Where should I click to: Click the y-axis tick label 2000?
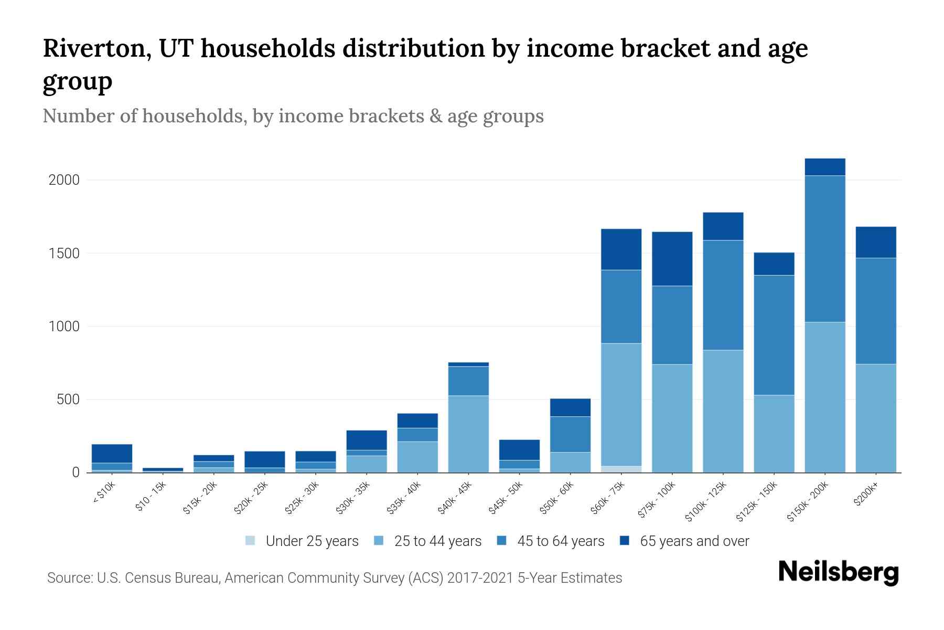(x=64, y=180)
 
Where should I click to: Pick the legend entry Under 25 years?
(x=312, y=541)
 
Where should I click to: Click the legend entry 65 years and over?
(x=694, y=541)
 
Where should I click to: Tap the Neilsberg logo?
(x=838, y=573)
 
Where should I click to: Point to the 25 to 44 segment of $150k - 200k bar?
(x=825, y=397)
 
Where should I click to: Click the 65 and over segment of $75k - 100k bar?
(x=672, y=259)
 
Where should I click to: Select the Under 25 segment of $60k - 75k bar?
(x=621, y=469)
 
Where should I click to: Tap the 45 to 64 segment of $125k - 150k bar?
(x=774, y=335)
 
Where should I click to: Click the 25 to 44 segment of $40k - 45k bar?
(x=468, y=434)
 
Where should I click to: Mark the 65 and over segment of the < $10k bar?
(x=112, y=454)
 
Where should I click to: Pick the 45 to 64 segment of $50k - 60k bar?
(x=570, y=434)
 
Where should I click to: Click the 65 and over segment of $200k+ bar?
(x=876, y=242)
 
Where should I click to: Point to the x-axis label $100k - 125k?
(x=706, y=501)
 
